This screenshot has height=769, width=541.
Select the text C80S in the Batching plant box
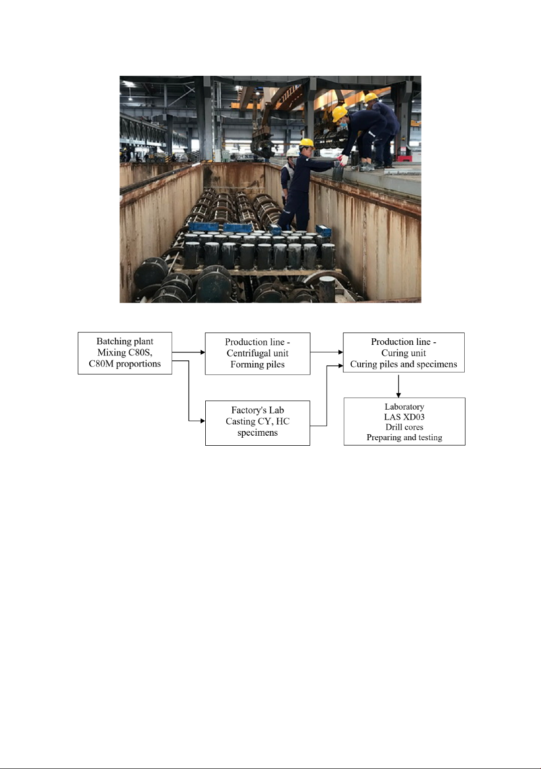point(141,352)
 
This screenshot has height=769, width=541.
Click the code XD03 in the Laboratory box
point(414,417)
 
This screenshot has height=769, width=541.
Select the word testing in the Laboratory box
point(430,438)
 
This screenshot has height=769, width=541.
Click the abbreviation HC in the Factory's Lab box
point(283,421)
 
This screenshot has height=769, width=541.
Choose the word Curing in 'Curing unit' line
point(393,353)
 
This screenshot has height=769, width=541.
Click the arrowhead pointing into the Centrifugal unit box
point(203,352)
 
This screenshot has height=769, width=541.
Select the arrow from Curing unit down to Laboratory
point(398,386)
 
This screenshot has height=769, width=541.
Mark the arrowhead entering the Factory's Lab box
point(203,421)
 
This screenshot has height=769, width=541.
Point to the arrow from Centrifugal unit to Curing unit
point(326,352)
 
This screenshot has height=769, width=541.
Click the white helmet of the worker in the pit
point(292,152)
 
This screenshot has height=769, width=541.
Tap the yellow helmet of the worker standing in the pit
point(307,142)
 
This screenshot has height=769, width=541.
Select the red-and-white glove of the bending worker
point(343,160)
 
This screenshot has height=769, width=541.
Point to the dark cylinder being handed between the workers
point(337,171)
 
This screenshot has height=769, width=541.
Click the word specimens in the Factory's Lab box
point(257,433)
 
